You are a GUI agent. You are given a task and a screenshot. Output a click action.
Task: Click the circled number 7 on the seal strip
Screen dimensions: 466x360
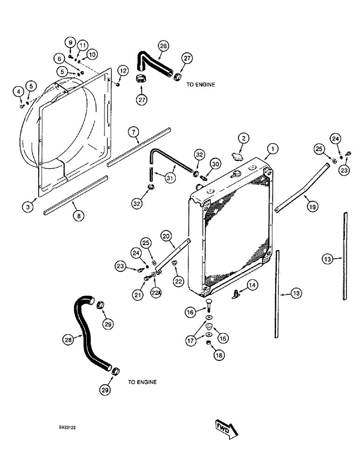click(x=134, y=133)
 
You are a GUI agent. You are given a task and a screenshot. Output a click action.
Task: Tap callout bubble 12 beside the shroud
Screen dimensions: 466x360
click(x=122, y=71)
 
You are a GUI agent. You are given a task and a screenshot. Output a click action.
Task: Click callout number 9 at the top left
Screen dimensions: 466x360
click(x=70, y=43)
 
